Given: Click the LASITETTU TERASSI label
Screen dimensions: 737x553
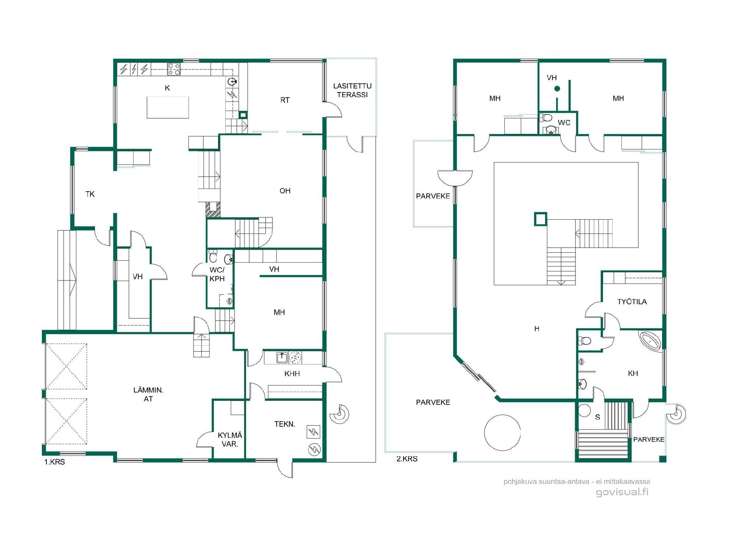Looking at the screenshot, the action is [352, 90].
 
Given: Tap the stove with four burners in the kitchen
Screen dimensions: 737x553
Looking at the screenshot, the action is [174, 69].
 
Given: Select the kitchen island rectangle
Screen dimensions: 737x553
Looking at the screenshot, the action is [168, 108].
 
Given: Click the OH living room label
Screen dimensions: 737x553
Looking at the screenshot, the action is [285, 191].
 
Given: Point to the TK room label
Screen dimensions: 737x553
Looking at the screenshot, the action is [90, 194].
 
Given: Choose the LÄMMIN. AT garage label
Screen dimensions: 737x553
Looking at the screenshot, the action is [148, 394].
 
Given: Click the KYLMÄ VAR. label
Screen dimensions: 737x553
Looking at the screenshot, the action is [230, 440].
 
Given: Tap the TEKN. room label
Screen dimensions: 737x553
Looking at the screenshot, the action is [285, 424].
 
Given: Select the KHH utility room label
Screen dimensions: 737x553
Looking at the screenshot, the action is [292, 374].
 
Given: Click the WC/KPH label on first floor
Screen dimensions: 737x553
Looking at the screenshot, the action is [217, 274].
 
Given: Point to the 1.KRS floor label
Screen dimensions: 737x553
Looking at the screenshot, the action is [55, 462].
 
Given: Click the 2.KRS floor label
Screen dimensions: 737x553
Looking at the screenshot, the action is [407, 459].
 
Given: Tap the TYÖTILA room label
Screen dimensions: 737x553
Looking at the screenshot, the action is [632, 302].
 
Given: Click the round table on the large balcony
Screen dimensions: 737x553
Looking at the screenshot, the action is [502, 432].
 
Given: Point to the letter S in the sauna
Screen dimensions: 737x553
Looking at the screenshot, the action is [597, 417].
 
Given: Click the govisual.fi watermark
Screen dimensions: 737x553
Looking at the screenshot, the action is [622, 492].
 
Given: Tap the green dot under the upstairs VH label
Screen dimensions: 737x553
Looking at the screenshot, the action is [557, 89].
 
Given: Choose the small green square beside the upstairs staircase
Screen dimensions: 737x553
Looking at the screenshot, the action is [540, 219].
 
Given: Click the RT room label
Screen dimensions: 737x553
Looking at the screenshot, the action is [285, 100].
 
